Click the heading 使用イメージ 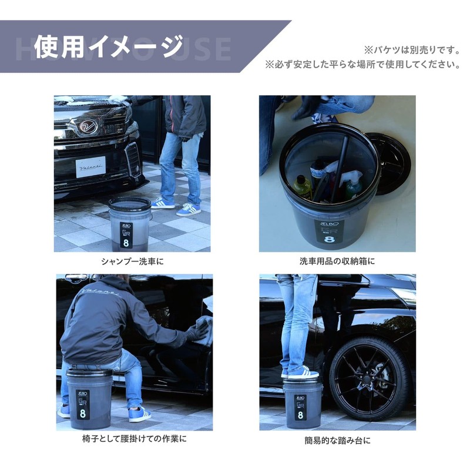pos(109,46)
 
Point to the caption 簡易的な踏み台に pos(337,439)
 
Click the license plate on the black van pos(90,166)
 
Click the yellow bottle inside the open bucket pos(302,186)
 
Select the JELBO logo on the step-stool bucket pos(300,397)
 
